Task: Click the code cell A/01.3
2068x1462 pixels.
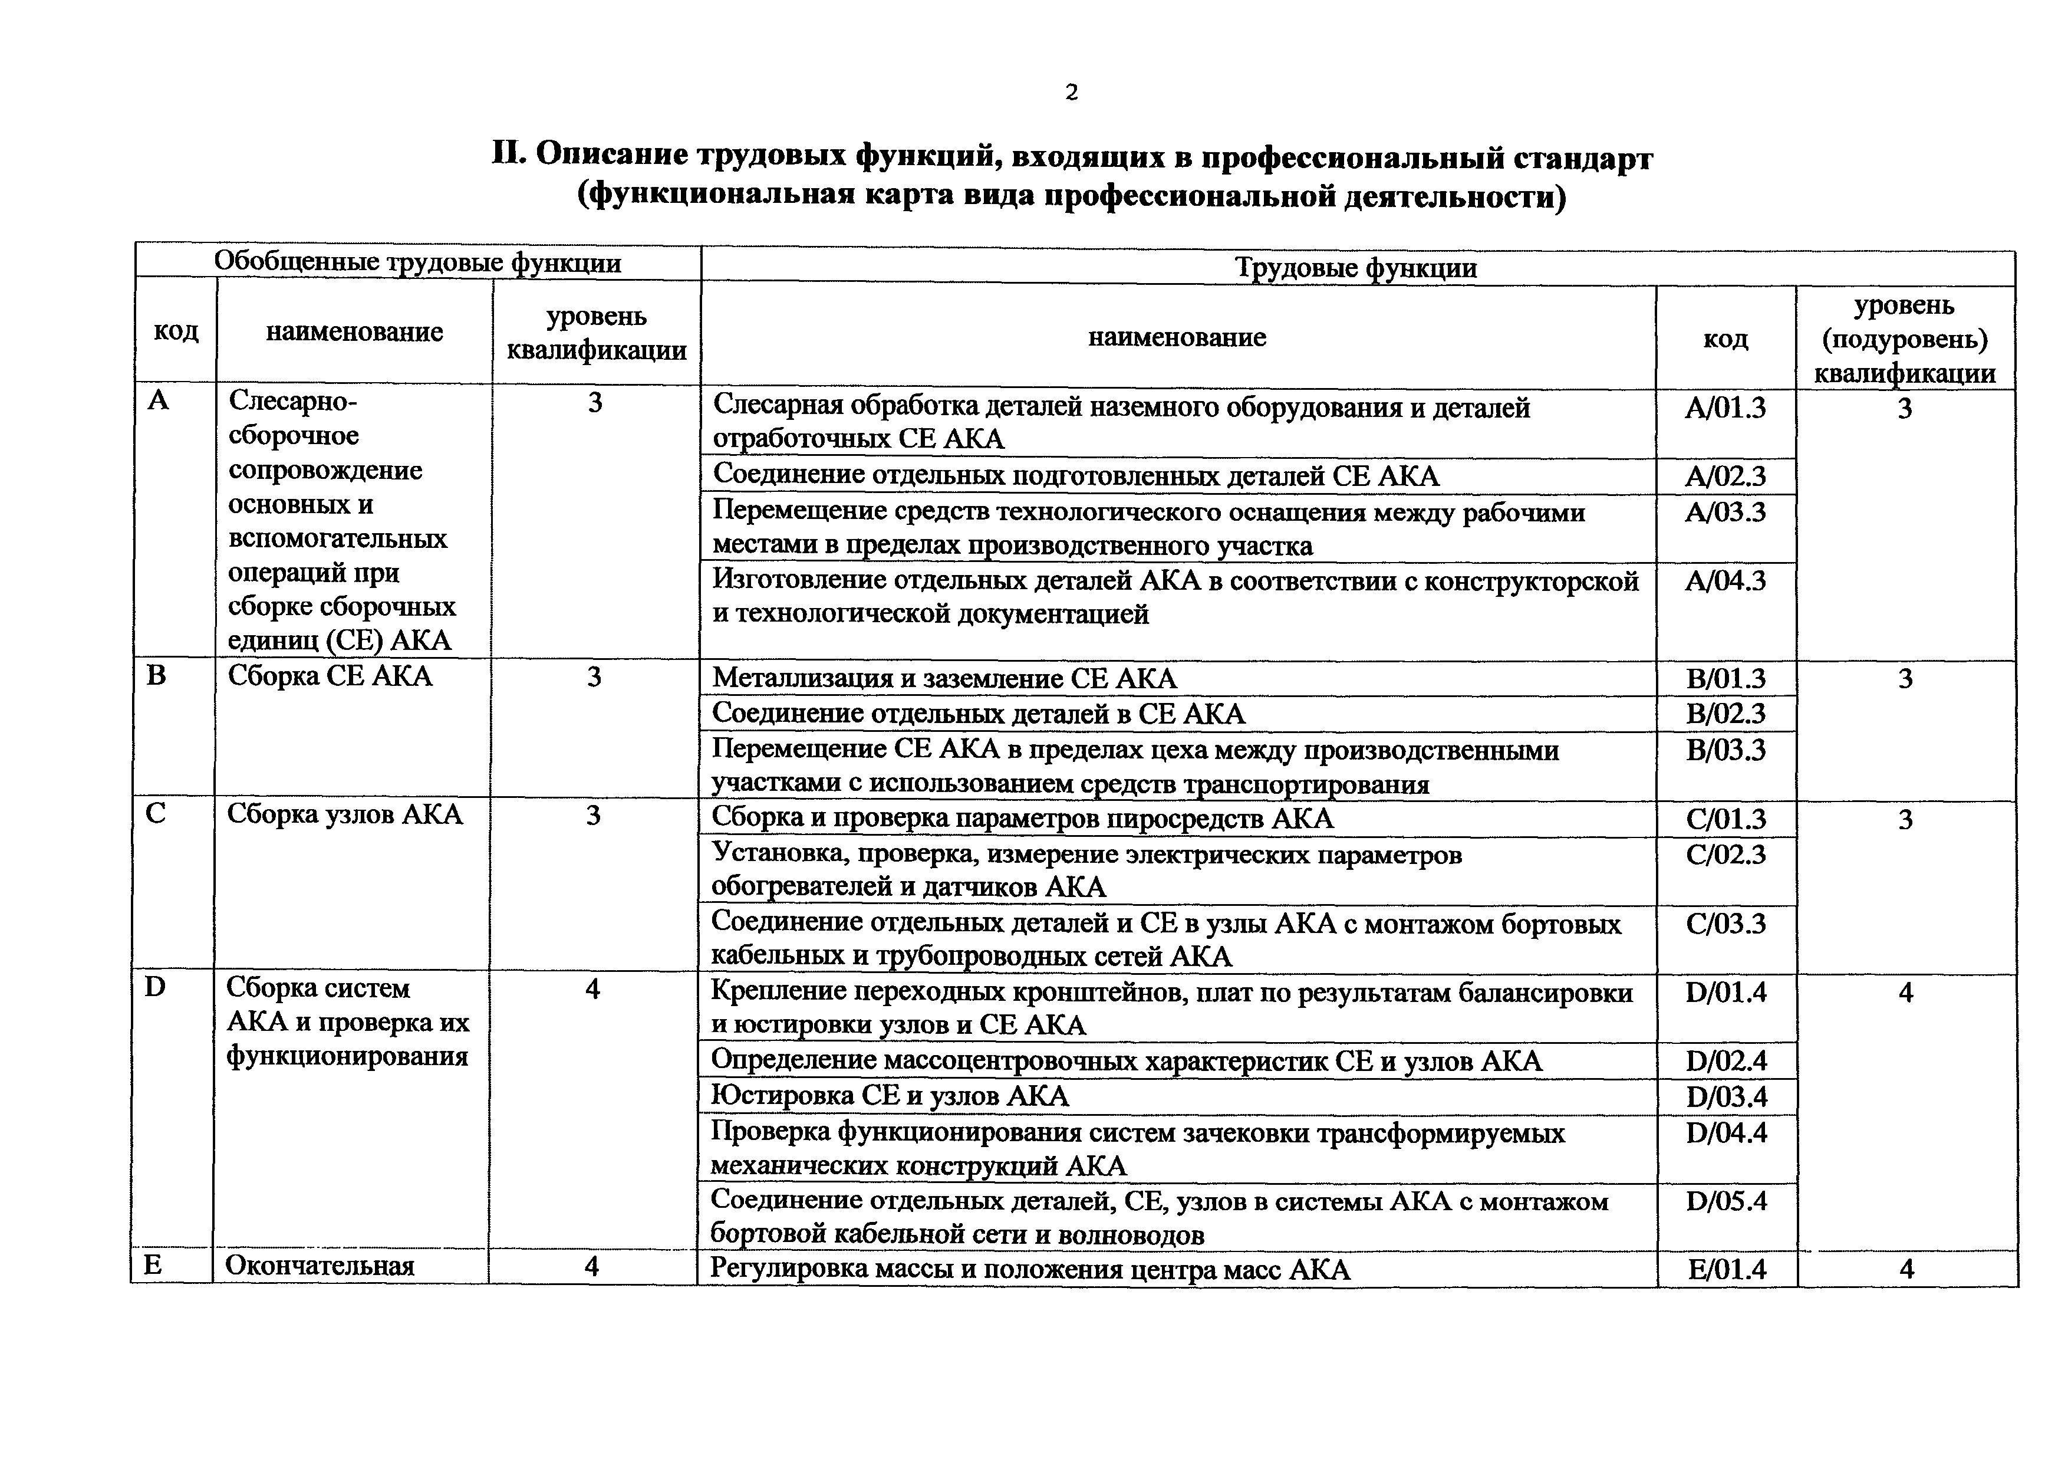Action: tap(1725, 408)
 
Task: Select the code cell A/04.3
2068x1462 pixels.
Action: tap(1725, 580)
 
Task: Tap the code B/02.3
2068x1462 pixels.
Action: tap(1725, 714)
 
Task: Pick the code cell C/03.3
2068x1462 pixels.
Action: tap(1725, 924)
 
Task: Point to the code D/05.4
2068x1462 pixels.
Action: tap(1725, 1200)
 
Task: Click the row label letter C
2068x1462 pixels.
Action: tap(155, 813)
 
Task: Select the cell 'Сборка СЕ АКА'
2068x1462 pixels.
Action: tap(330, 676)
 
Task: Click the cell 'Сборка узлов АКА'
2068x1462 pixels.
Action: tap(344, 814)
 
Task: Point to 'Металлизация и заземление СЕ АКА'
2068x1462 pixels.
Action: tap(944, 678)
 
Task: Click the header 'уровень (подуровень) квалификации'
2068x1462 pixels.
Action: tap(1904, 339)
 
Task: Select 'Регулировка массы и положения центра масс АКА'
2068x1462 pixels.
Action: tap(1029, 1269)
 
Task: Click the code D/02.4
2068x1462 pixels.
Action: tap(1725, 1060)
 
